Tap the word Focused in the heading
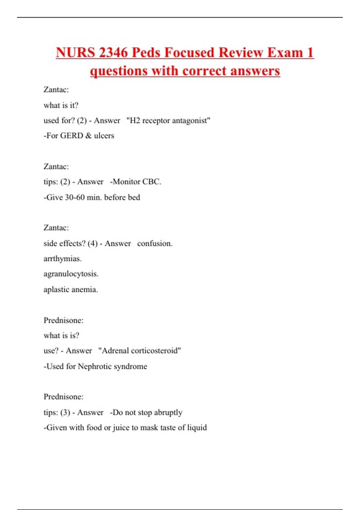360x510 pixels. click(x=189, y=53)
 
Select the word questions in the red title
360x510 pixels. click(x=119, y=71)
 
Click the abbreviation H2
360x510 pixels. click(x=134, y=121)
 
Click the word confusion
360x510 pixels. click(x=154, y=243)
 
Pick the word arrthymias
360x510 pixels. click(x=62, y=259)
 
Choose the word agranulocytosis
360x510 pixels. click(x=71, y=274)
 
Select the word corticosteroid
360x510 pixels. click(x=156, y=351)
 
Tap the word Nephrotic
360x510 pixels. click(x=95, y=366)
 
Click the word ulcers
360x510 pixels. click(x=104, y=136)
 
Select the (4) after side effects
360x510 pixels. click(x=93, y=243)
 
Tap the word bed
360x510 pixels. click(x=134, y=197)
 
